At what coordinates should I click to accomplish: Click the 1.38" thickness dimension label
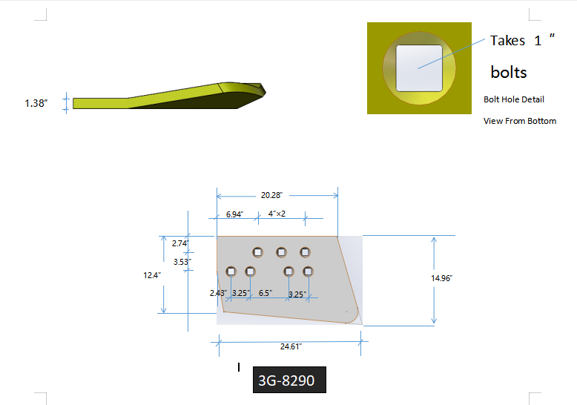(36, 103)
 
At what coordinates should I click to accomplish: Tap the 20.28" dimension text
(271, 195)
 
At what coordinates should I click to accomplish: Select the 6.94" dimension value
(234, 214)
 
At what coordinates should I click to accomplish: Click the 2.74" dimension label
(180, 243)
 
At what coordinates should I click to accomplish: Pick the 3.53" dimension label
(182, 261)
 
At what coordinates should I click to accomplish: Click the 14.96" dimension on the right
(441, 278)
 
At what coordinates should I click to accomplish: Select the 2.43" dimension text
(218, 293)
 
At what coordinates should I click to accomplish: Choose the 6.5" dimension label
(265, 293)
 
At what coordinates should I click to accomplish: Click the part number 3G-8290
(286, 381)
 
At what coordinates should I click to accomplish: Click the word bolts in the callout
(509, 72)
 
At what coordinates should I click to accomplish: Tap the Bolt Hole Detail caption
(513, 99)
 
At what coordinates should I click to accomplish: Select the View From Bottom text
(519, 121)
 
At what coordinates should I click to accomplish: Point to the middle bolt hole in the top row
(282, 251)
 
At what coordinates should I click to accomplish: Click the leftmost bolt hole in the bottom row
(231, 271)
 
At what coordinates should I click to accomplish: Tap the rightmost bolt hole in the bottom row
(309, 271)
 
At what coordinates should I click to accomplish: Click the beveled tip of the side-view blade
(257, 90)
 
